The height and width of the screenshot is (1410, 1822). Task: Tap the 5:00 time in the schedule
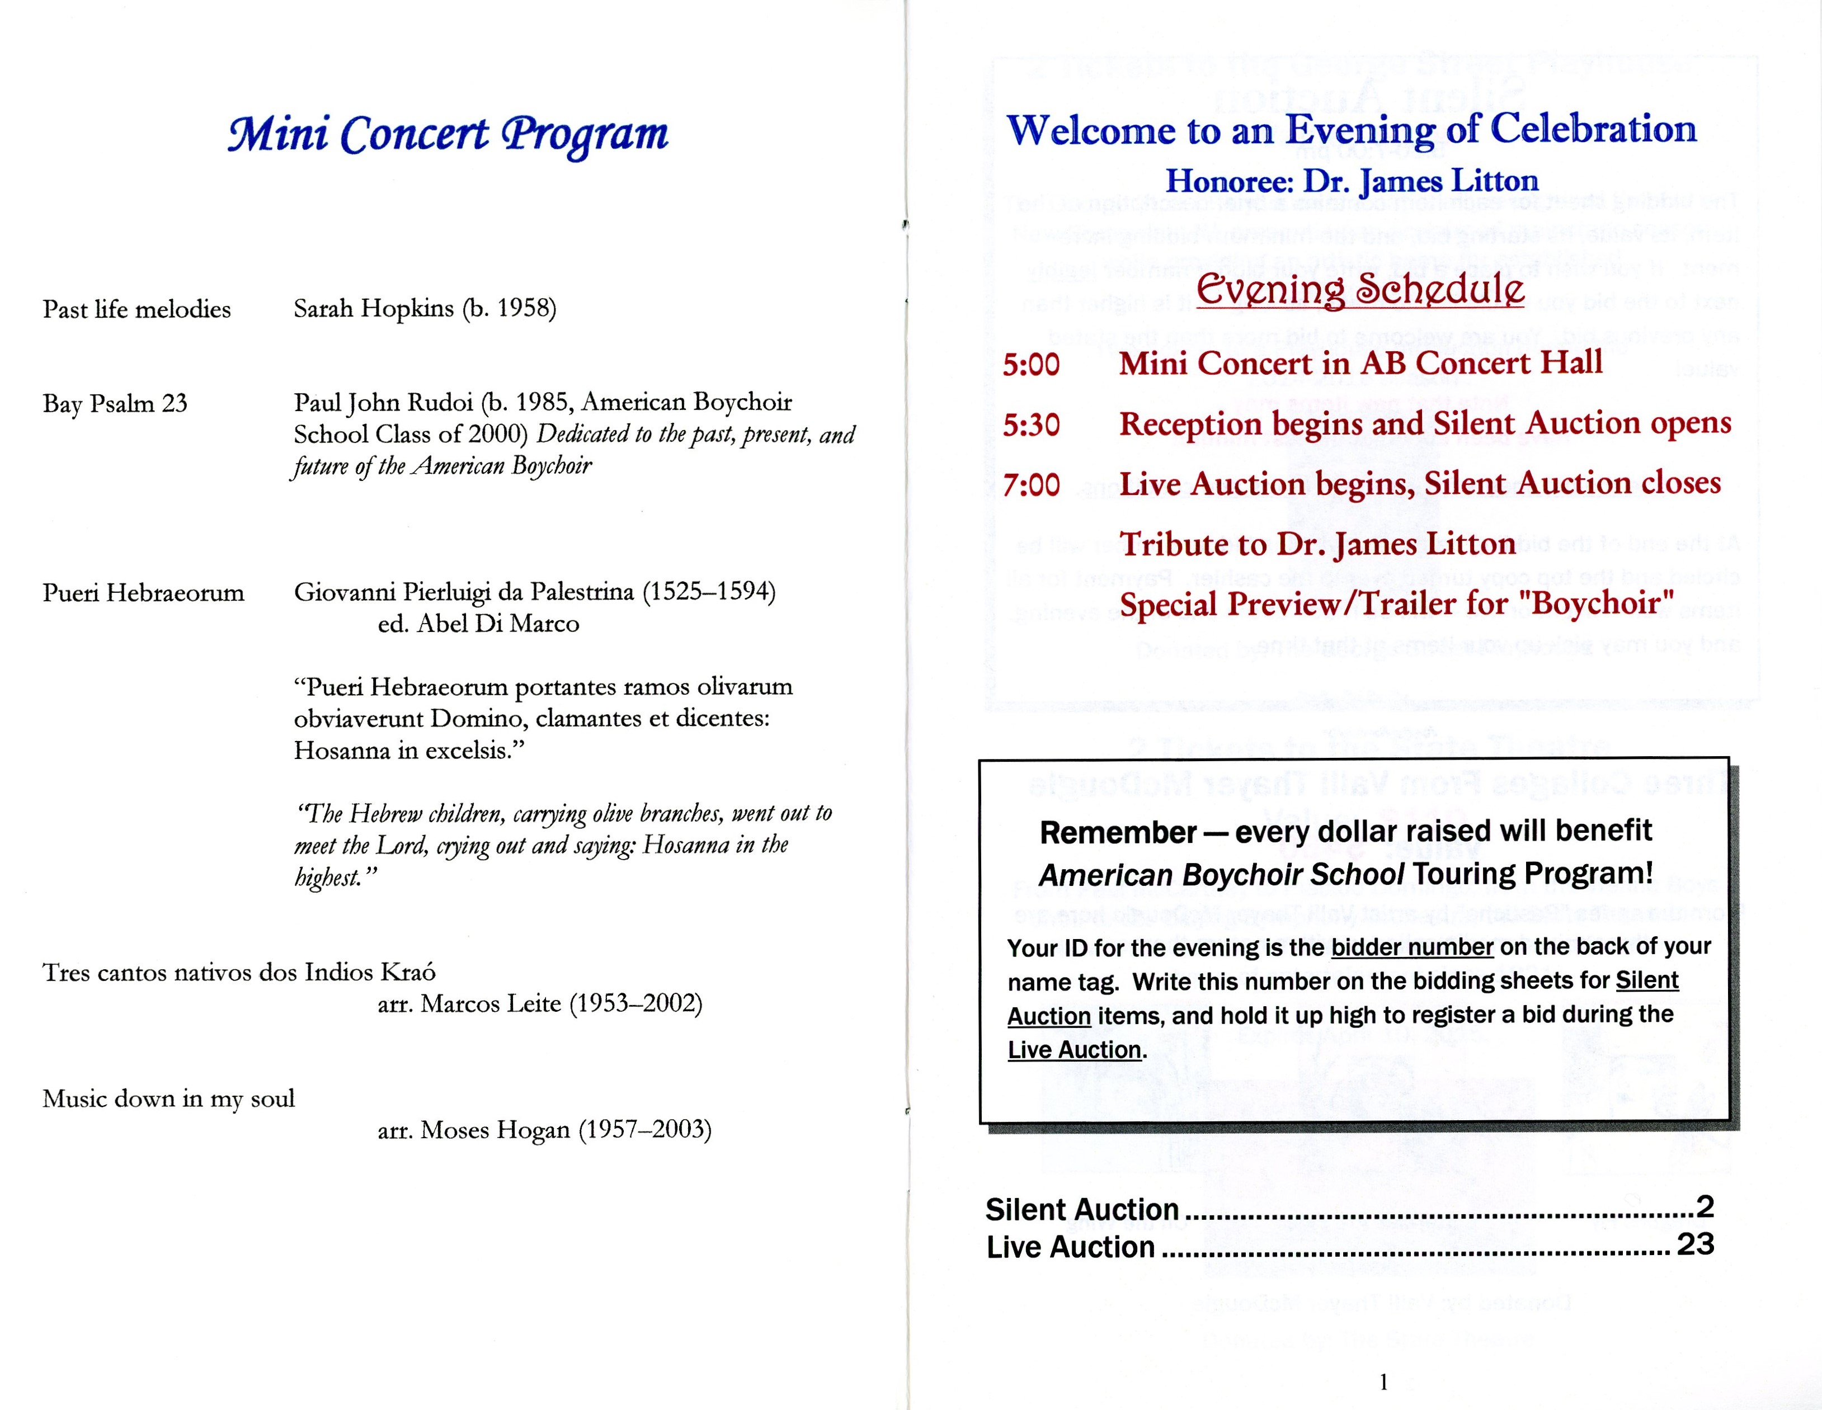click(x=1031, y=365)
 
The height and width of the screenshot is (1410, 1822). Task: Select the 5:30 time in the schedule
click(x=1031, y=426)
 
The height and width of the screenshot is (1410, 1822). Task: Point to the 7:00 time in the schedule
click(x=1031, y=485)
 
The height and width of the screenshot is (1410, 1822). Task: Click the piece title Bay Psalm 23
click(x=115, y=404)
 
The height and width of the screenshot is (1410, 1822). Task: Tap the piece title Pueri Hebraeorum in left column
click(x=144, y=593)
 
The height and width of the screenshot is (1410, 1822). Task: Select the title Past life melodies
click(x=137, y=309)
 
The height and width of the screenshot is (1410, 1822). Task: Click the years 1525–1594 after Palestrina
click(x=708, y=592)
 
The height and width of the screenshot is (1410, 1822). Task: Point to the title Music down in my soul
click(x=168, y=1099)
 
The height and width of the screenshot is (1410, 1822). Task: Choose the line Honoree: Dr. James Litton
click(x=1352, y=181)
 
